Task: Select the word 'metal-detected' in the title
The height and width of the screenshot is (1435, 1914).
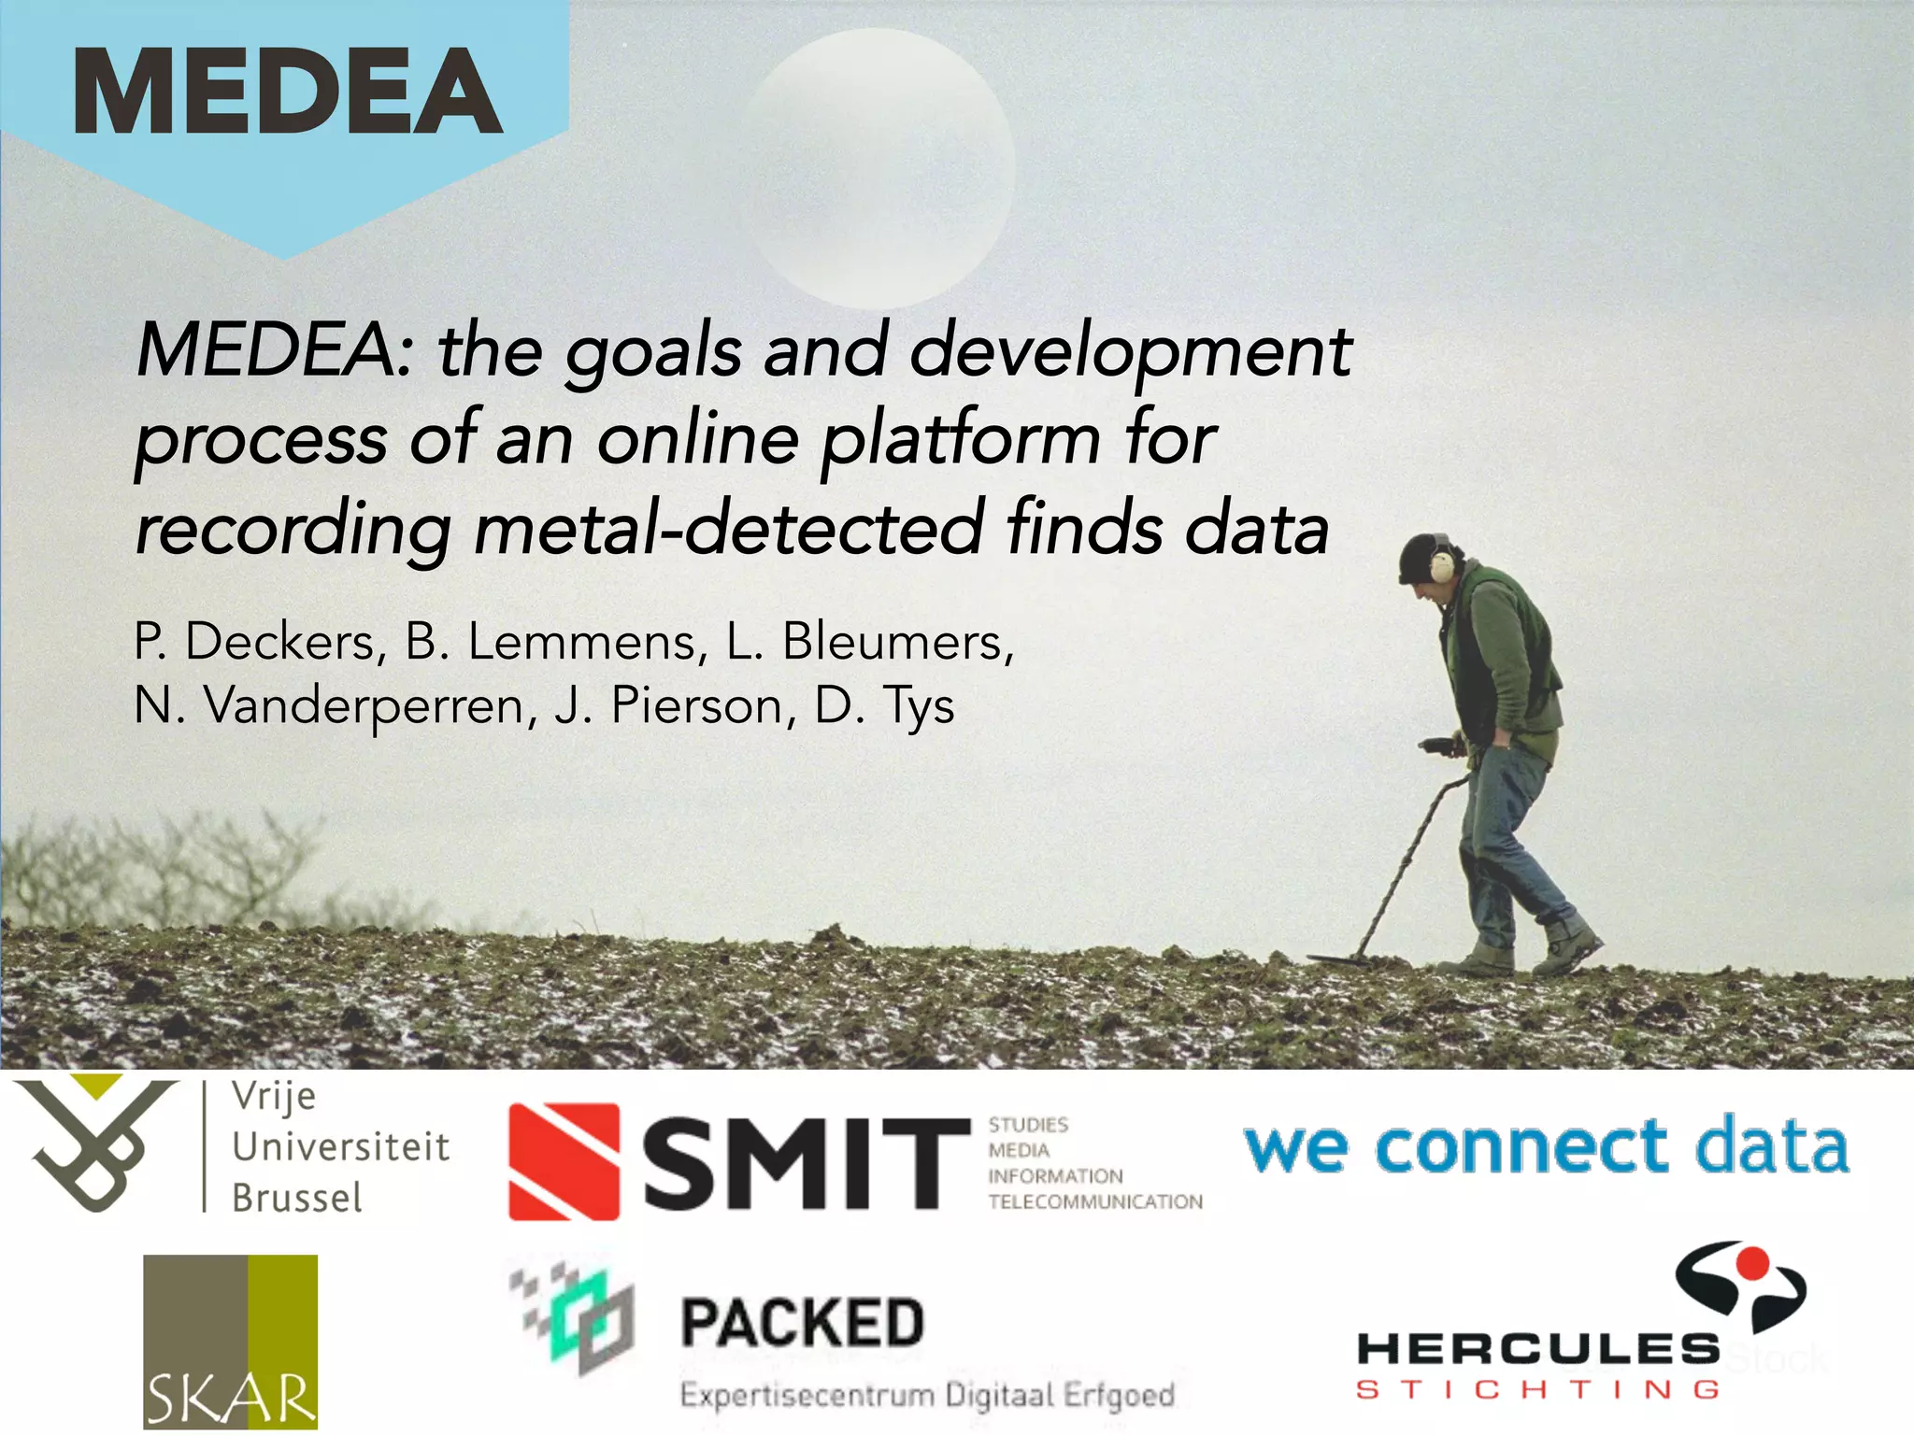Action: [729, 528]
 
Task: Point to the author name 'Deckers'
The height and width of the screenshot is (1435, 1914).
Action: [280, 644]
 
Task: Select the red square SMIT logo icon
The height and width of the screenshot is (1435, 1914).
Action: [564, 1161]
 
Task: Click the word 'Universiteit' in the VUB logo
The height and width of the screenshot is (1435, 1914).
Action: [340, 1147]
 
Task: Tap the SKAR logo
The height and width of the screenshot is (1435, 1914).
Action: [230, 1342]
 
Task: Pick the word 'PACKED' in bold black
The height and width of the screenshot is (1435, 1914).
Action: [802, 1324]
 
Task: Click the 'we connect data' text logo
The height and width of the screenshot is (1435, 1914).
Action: [1546, 1146]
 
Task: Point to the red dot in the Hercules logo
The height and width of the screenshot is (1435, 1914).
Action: [1754, 1264]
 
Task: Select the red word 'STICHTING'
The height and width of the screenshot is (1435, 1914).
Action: [1537, 1390]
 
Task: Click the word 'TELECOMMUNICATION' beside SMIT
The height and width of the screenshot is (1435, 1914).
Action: [1095, 1201]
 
